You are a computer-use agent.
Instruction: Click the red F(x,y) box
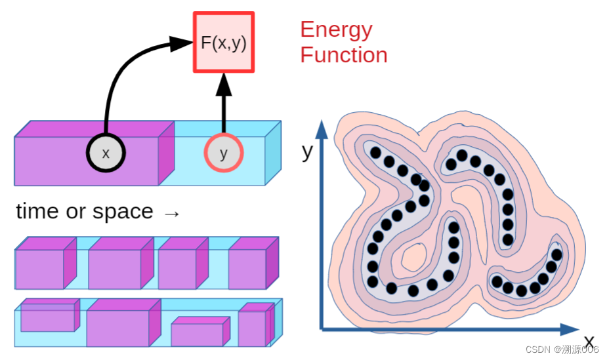click(224, 43)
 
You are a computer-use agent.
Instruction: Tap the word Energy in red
click(336, 30)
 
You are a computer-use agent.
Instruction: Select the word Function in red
click(344, 55)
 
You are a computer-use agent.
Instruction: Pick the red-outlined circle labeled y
click(224, 153)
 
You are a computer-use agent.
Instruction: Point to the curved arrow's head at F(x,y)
click(180, 44)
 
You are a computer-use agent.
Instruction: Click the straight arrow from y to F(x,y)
click(224, 105)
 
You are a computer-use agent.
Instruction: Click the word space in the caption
click(123, 212)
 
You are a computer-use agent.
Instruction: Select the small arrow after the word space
click(171, 214)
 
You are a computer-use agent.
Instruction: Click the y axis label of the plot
click(307, 151)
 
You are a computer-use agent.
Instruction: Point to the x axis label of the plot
click(589, 342)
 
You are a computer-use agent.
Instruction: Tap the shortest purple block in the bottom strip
click(198, 333)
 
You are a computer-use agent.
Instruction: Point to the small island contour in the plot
click(414, 258)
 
